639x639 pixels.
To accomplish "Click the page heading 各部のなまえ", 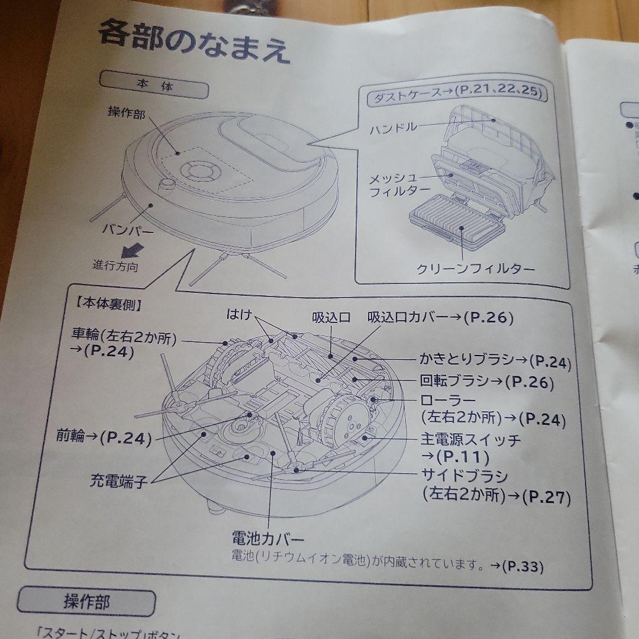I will [194, 43].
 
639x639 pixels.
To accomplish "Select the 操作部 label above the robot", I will [126, 112].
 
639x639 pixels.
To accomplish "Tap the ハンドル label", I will [393, 128].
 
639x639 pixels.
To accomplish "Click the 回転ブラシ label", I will [454, 381].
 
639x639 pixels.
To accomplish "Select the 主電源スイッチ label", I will [472, 440].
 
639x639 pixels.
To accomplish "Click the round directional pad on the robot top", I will [196, 172].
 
